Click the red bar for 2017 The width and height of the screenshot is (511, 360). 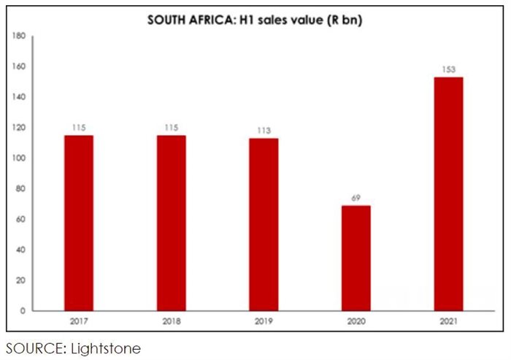coord(78,223)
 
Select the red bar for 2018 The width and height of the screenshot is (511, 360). coord(171,223)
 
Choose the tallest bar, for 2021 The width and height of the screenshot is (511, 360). coord(448,194)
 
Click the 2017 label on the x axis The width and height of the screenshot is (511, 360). coord(78,321)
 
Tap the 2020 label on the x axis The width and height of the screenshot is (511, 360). coord(356,321)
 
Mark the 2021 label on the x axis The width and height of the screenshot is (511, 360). coord(448,321)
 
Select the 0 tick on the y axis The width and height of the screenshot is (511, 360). coord(23,311)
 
